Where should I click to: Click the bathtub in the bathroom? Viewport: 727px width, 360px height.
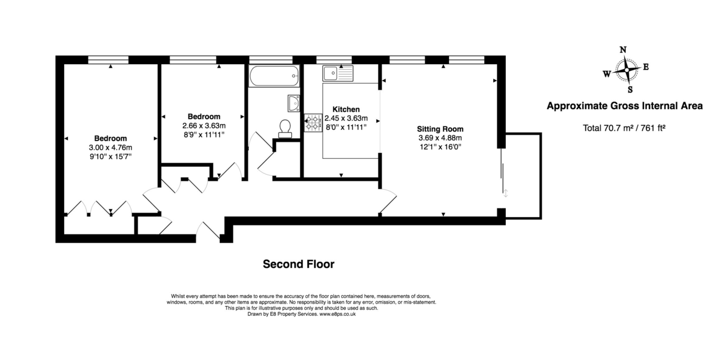click(274, 76)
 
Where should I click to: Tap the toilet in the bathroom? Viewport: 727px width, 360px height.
click(285, 129)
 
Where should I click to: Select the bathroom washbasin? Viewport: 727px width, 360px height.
click(294, 103)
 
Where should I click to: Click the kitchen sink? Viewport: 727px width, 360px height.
click(337, 73)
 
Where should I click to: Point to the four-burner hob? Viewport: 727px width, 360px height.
click(313, 122)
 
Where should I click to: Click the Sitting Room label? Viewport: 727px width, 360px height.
click(440, 129)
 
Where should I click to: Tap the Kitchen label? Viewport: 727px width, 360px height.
click(346, 110)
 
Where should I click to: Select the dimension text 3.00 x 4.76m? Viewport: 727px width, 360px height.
click(110, 147)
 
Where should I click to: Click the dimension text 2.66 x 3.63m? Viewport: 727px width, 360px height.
click(204, 125)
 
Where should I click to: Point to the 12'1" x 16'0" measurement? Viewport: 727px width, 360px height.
click(440, 147)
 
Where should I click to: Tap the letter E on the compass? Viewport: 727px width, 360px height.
click(646, 67)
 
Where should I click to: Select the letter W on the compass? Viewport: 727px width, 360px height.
click(606, 74)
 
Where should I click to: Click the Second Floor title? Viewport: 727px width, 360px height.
click(299, 264)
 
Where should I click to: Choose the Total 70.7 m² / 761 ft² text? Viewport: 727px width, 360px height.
click(624, 128)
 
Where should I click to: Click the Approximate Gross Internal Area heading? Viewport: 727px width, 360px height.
click(625, 106)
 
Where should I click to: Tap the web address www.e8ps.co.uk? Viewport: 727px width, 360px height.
click(337, 314)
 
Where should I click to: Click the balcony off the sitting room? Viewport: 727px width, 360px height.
click(523, 176)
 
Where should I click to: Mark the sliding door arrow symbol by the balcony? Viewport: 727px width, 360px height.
click(505, 193)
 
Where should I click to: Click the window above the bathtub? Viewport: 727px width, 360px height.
click(271, 60)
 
